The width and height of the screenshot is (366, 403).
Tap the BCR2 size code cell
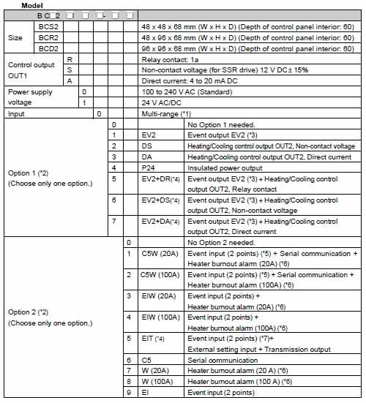(49, 37)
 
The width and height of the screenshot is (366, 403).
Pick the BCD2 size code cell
(49, 48)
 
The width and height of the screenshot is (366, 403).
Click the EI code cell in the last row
(144, 393)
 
